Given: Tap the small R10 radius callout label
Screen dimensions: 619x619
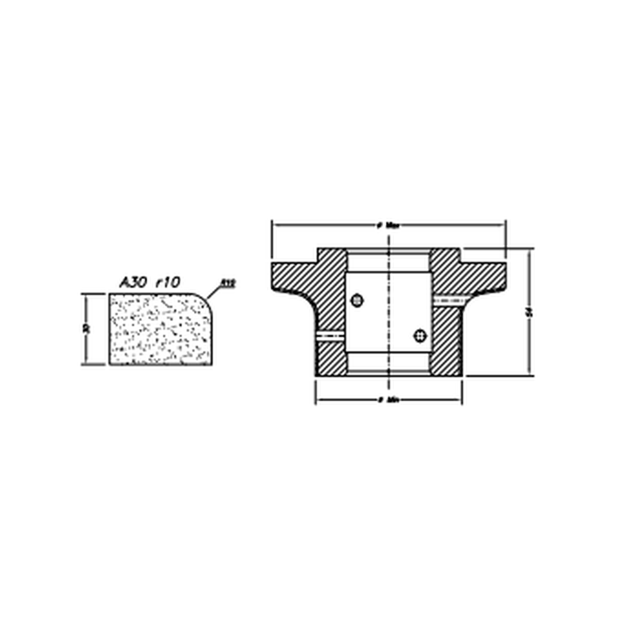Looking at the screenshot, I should coord(227,282).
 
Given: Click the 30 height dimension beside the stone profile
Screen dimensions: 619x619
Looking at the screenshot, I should coord(87,329).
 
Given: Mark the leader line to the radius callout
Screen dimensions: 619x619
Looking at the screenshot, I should coord(213,293).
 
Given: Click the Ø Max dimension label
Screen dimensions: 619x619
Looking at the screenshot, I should coord(389,225).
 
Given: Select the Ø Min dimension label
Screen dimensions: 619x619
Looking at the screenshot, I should coord(389,400).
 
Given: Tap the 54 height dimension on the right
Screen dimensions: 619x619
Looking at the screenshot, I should coord(530,312).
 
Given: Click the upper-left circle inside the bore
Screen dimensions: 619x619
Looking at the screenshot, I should coord(357,300).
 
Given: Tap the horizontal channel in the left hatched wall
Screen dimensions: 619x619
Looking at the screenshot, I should coord(331,335).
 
